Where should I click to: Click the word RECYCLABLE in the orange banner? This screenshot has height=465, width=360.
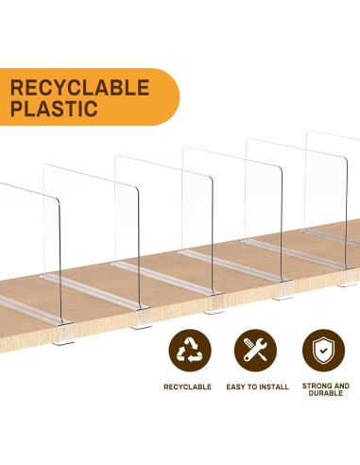(79, 88)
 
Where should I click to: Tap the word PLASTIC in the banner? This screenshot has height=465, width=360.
(54, 109)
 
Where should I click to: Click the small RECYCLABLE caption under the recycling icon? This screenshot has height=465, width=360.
(189, 387)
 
